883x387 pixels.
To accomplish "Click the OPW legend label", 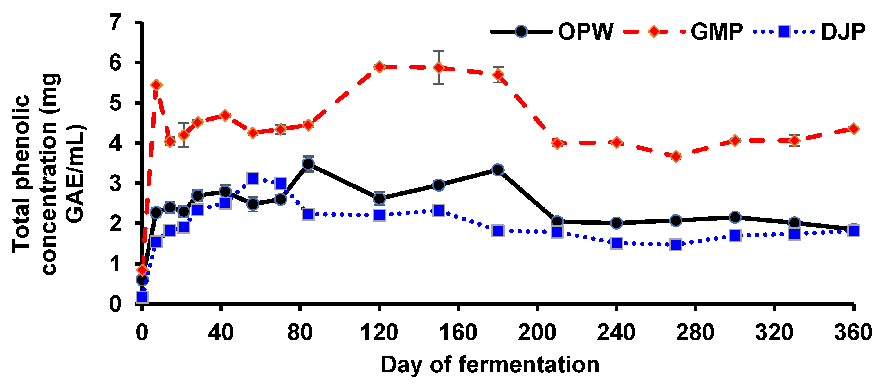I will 585,32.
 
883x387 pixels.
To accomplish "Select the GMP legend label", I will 716,32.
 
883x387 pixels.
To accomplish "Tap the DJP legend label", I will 843,32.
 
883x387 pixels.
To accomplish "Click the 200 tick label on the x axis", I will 537,332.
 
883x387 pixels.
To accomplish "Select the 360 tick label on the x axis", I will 853,332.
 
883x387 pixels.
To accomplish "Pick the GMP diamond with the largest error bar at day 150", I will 439,67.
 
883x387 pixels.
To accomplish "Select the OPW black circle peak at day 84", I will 308,164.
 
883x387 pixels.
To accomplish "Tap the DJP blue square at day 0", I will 142,297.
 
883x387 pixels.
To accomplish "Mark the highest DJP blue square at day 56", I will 253,178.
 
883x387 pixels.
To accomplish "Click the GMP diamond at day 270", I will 676,157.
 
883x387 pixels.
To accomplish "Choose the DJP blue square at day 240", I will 617,243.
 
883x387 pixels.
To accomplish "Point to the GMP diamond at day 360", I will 853,129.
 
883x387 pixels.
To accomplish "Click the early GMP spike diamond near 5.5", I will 156,85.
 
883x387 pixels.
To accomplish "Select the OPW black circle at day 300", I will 735,217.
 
